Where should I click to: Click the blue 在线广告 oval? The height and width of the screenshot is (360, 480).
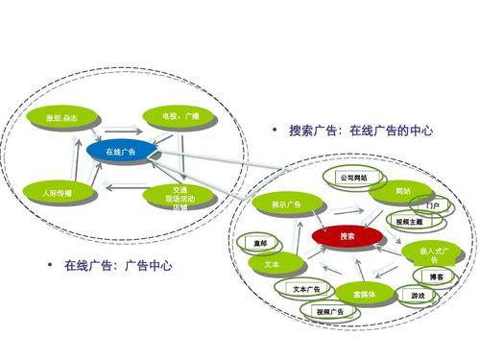click(x=121, y=152)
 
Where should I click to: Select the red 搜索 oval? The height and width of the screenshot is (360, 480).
click(x=348, y=235)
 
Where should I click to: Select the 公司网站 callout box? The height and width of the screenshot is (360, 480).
click(x=352, y=178)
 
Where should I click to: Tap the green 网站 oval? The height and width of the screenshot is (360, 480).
click(x=402, y=192)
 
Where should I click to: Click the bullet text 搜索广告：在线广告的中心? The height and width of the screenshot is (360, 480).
click(x=362, y=131)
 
